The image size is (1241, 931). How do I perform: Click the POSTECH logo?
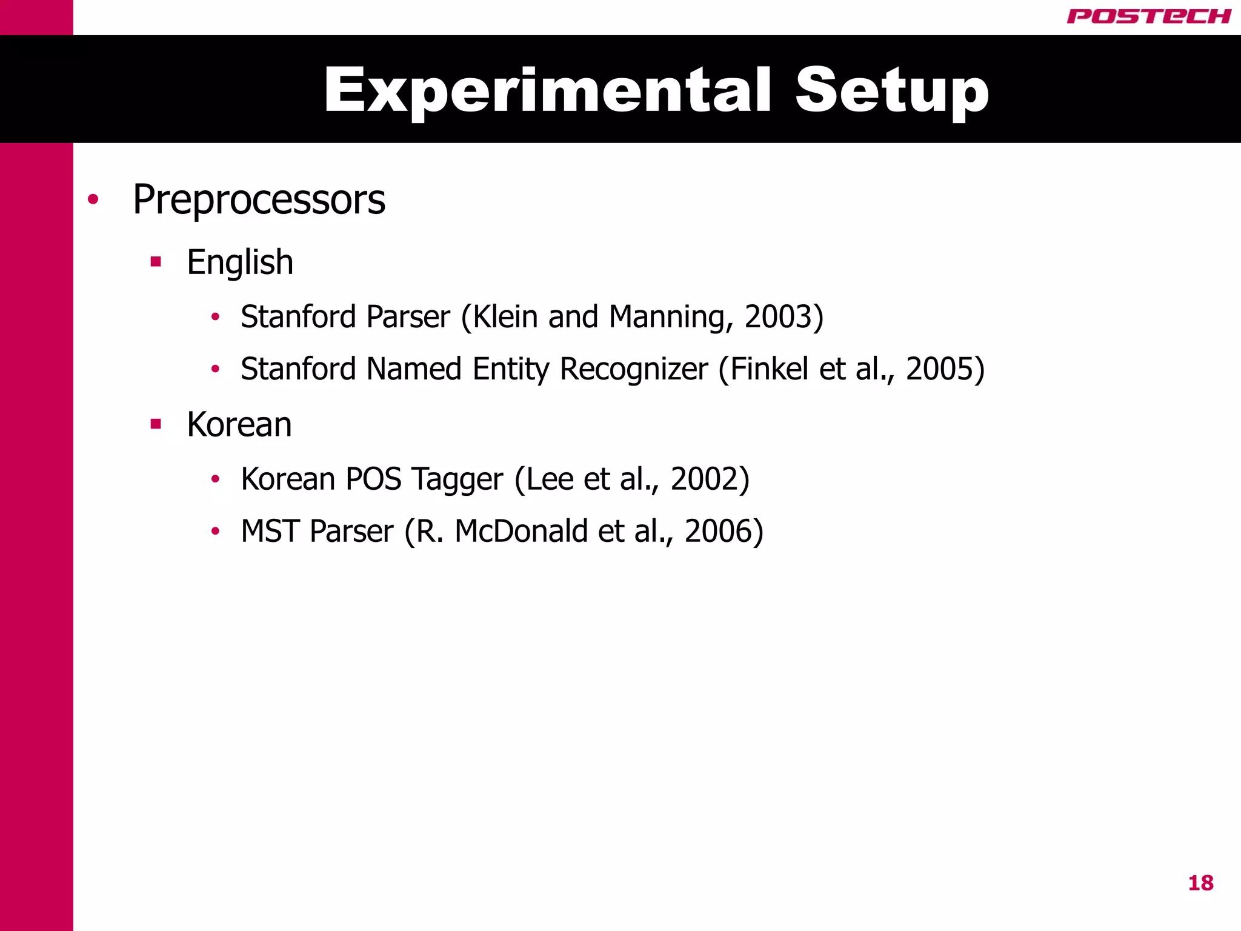[1148, 16]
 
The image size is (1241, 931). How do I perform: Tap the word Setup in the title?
[892, 90]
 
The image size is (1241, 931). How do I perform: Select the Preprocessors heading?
[259, 199]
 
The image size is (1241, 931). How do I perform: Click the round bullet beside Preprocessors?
[93, 199]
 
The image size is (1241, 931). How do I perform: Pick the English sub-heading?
[240, 262]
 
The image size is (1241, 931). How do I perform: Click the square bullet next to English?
[156, 262]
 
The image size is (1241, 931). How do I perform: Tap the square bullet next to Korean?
[156, 424]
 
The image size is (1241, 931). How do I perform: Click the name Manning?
[667, 317]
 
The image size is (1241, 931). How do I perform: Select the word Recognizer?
[633, 369]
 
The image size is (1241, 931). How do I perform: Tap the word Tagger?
[457, 479]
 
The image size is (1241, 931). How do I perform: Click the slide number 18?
[1200, 883]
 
